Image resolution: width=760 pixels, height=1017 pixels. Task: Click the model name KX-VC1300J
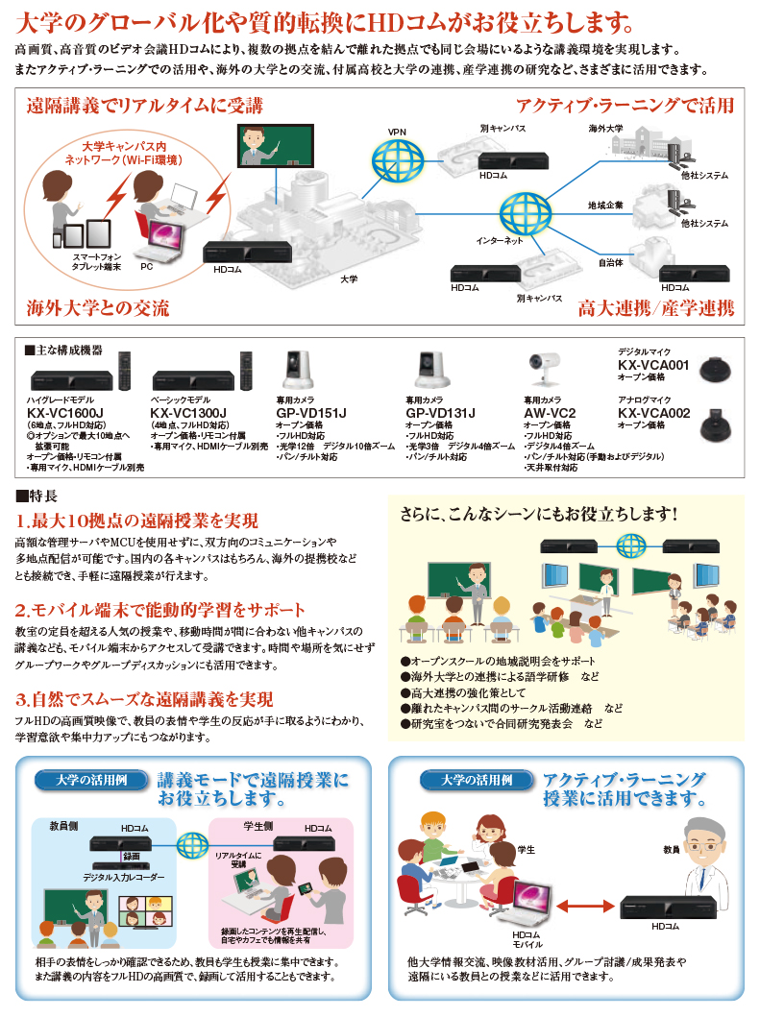click(188, 414)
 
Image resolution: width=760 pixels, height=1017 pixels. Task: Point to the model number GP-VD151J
click(310, 414)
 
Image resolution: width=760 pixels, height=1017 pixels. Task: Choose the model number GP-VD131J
click(440, 414)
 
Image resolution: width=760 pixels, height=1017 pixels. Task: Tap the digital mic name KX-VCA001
click(652, 366)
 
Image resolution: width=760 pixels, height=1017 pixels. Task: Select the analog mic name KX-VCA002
click(652, 414)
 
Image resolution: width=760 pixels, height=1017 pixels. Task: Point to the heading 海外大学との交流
click(98, 308)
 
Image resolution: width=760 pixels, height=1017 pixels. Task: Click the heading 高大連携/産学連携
click(655, 308)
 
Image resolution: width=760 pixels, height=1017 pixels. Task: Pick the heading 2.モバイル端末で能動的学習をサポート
click(160, 610)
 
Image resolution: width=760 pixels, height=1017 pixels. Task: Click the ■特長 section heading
click(37, 496)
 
